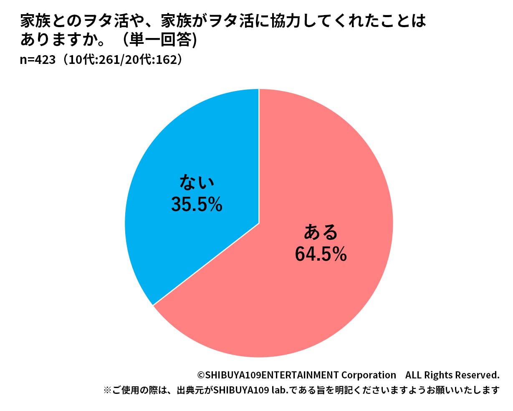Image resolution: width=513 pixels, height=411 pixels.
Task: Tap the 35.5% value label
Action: click(x=197, y=205)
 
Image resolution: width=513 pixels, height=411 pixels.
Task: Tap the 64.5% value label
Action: click(x=321, y=254)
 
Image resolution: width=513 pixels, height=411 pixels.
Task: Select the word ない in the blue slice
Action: click(x=196, y=183)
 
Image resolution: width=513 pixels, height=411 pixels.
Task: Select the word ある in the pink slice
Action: click(x=320, y=232)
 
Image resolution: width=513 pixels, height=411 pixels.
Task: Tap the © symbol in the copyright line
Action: click(x=201, y=375)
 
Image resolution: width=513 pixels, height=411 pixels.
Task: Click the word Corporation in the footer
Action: click(x=369, y=375)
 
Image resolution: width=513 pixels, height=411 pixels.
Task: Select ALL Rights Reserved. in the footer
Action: click(x=452, y=375)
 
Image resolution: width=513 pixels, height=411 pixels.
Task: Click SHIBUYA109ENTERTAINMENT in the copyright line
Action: click(x=272, y=375)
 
